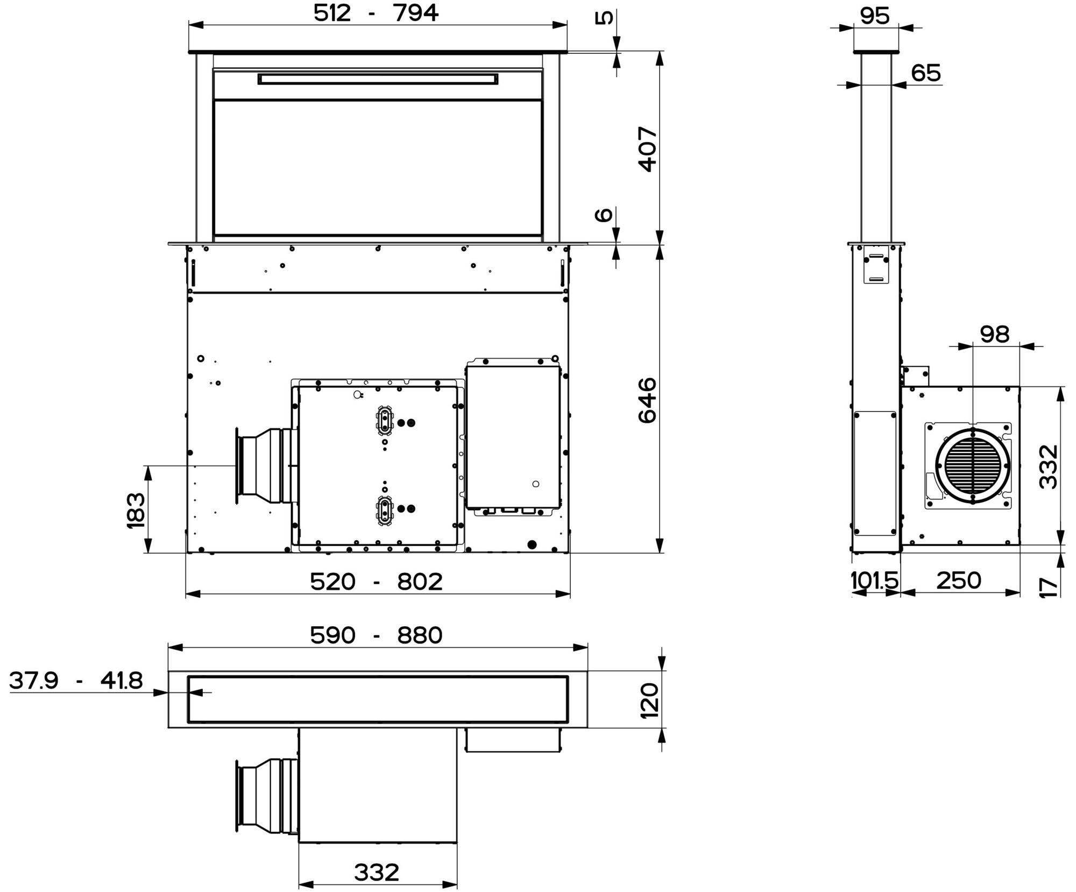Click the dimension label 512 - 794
(376, 13)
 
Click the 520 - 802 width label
(376, 582)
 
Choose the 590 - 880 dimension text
(376, 635)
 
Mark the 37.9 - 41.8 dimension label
(76, 681)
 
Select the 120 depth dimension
(649, 700)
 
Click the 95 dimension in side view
(875, 16)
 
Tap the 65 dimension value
(926, 73)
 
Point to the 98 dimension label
(995, 334)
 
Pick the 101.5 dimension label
(874, 580)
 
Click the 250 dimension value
(959, 580)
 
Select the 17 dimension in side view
(1049, 586)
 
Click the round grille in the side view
(972, 466)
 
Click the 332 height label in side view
(1049, 466)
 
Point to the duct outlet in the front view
(266, 466)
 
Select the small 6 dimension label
(604, 215)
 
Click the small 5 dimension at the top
(604, 18)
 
